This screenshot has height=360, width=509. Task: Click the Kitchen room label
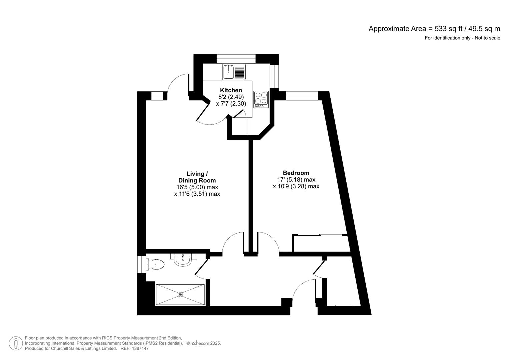(x=231, y=90)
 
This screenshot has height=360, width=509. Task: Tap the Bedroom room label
(x=296, y=173)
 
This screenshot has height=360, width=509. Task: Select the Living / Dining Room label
(x=197, y=177)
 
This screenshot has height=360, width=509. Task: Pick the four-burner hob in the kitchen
(x=261, y=99)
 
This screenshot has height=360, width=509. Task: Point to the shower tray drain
(x=180, y=294)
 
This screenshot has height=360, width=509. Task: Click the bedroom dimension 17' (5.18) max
(x=294, y=180)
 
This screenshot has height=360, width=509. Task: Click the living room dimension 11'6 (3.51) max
(x=197, y=194)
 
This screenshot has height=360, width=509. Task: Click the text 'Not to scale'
(x=487, y=38)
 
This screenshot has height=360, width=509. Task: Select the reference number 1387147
(x=140, y=348)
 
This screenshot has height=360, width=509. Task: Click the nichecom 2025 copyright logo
(x=203, y=343)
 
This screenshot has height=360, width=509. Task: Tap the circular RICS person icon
(x=16, y=343)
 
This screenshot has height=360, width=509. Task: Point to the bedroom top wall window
(x=302, y=96)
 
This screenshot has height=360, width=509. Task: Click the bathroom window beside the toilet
(x=141, y=264)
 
